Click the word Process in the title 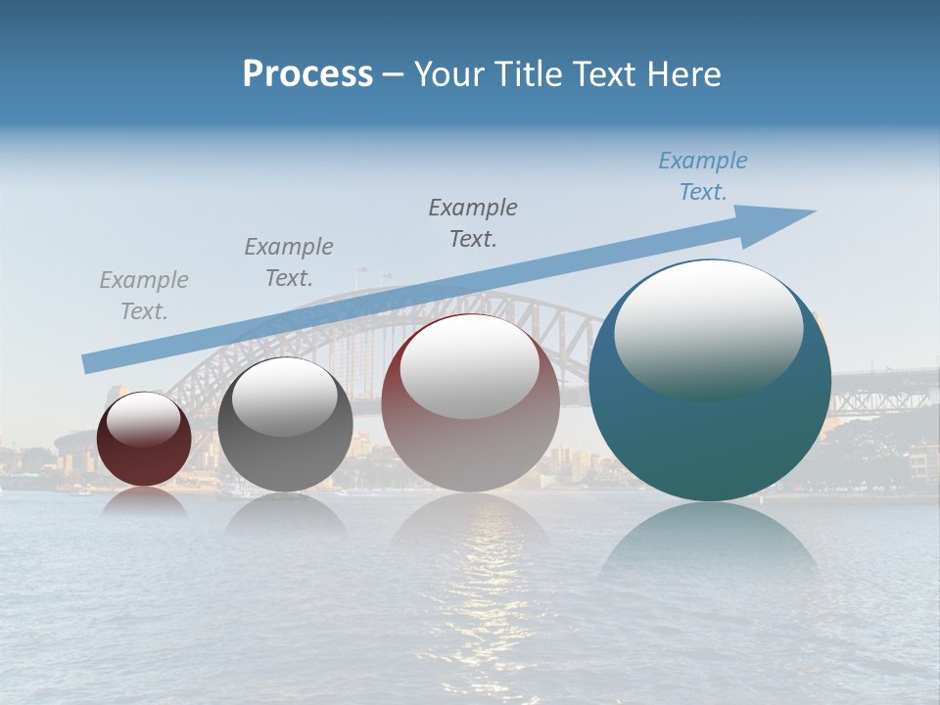[307, 74]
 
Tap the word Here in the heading [681, 74]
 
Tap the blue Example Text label [702, 176]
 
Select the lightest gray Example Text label [144, 296]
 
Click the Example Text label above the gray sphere [289, 262]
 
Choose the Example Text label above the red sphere [473, 222]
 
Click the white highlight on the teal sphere [708, 328]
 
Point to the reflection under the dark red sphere [144, 501]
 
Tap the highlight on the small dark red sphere [144, 419]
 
